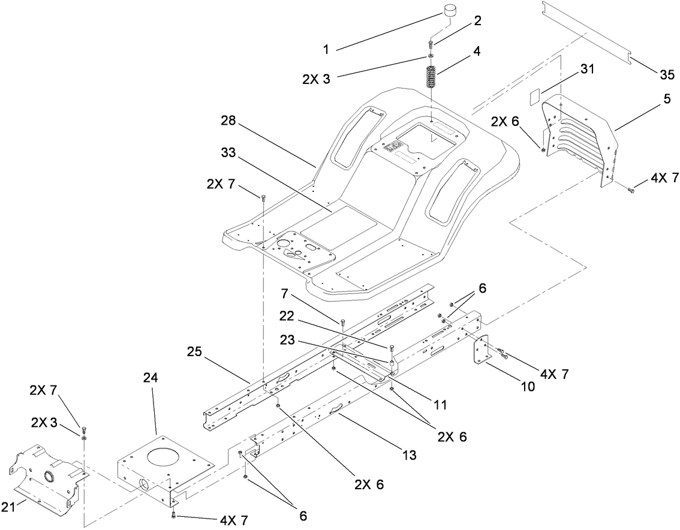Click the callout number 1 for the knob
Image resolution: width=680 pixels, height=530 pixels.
[326, 50]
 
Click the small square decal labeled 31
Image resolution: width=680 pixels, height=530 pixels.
[535, 96]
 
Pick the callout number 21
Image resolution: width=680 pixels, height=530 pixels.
[8, 508]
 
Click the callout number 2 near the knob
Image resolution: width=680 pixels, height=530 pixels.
[477, 21]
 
